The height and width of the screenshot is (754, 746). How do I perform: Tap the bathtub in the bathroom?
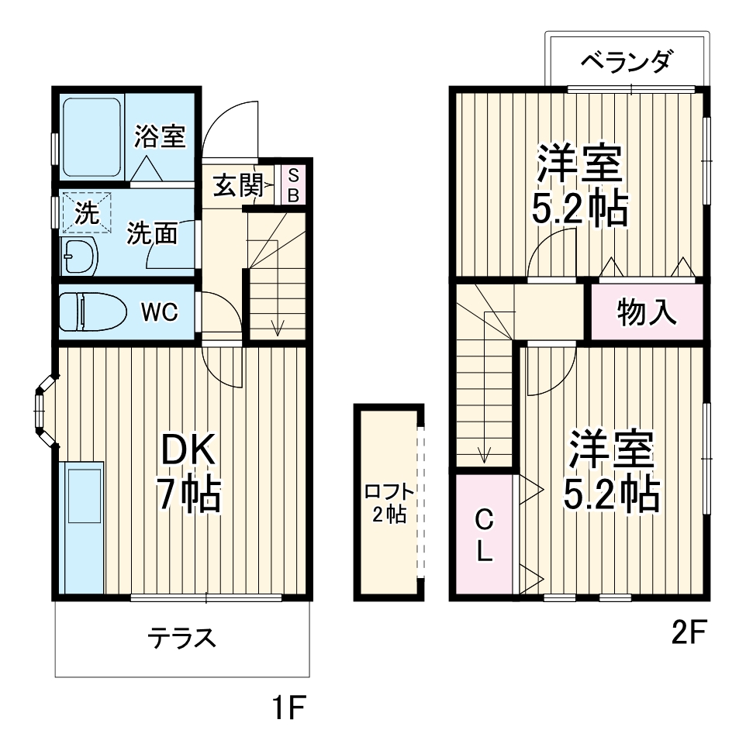92,137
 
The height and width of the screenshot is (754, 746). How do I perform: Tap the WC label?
160,312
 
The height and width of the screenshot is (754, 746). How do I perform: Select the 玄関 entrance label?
235,187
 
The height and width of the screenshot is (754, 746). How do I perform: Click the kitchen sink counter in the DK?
83,527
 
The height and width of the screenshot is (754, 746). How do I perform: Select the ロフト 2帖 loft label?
389,503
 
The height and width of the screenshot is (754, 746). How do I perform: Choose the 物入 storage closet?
648,312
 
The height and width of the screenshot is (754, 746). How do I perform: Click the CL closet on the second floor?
483,535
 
